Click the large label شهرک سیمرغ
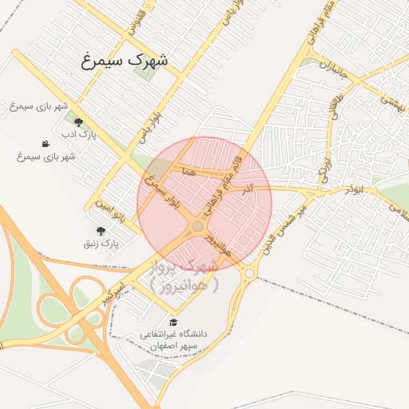125,59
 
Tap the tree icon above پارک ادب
78,122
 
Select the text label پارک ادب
80,134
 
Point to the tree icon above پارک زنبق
100,230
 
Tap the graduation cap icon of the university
173,322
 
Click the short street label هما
189,172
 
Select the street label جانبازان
336,69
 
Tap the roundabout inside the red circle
197,228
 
